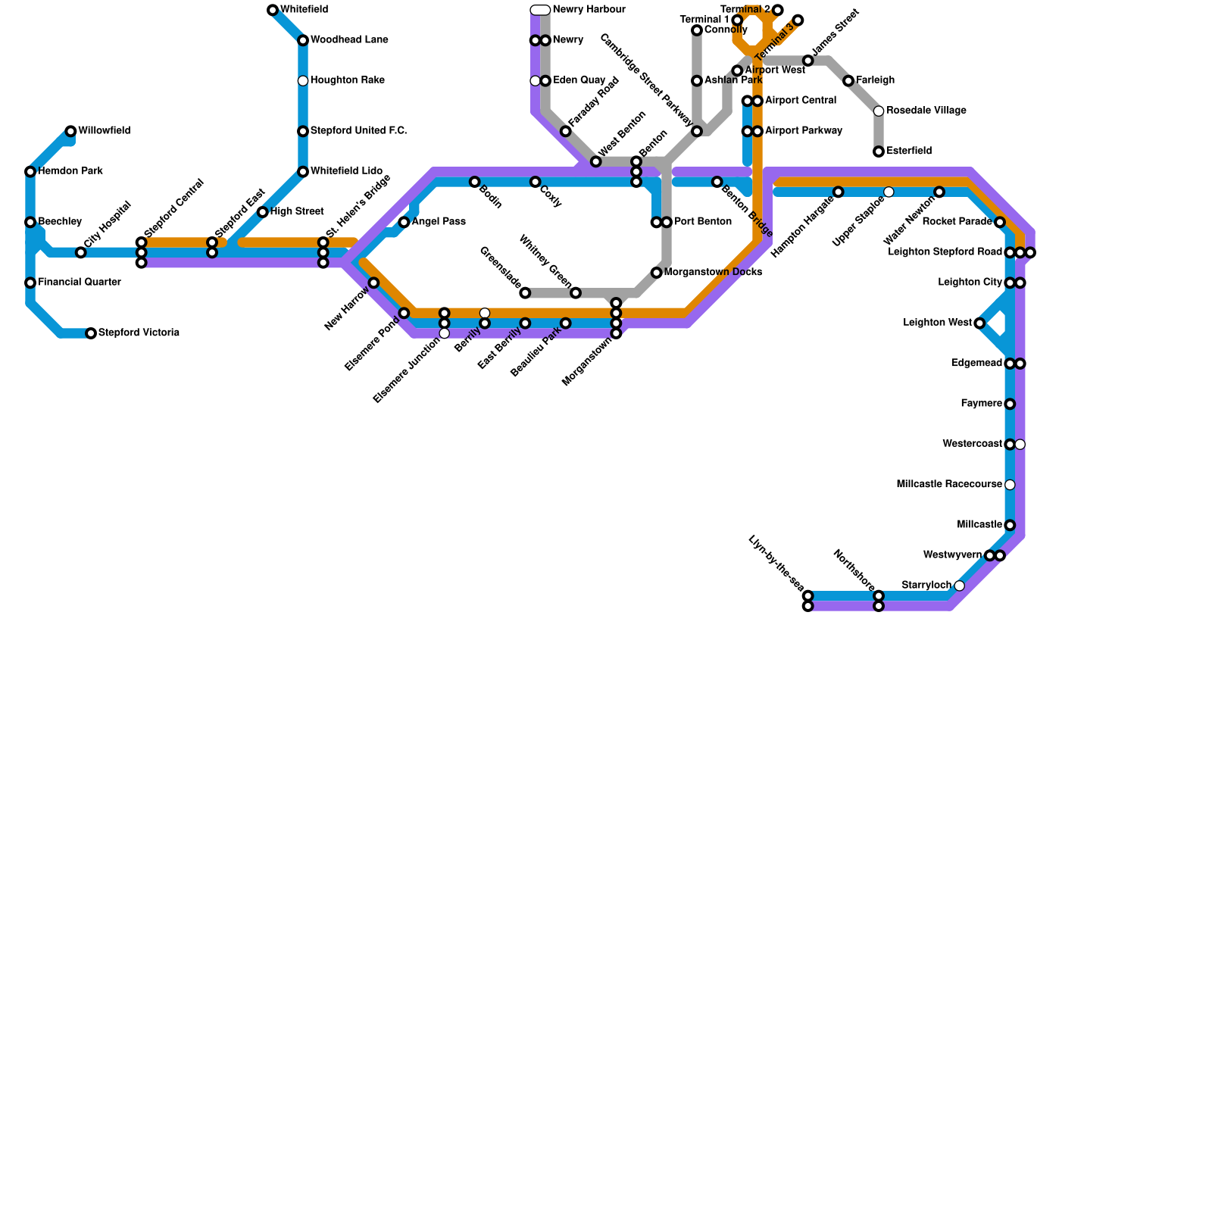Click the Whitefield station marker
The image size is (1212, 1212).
(273, 10)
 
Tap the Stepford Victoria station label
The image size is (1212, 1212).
(139, 333)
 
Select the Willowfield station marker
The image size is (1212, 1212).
(70, 132)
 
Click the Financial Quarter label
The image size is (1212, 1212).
(79, 283)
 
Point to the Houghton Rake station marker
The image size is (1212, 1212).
(303, 81)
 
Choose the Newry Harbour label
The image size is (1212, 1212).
(589, 10)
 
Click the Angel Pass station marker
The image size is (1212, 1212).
(404, 223)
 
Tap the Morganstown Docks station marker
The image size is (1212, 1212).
(656, 273)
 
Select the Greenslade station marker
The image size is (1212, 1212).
(525, 293)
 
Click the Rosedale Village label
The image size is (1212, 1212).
(926, 111)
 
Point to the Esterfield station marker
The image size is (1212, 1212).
(879, 151)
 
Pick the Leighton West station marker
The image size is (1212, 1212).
(979, 323)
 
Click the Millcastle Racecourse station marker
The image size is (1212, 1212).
(1010, 485)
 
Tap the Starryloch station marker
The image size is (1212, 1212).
(960, 586)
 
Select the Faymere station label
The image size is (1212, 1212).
(981, 405)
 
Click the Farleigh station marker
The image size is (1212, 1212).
(848, 81)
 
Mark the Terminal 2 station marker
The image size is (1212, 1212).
(778, 10)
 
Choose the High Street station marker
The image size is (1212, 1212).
(262, 212)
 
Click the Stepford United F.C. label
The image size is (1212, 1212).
(358, 132)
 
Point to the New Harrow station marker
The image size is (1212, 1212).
(373, 283)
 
